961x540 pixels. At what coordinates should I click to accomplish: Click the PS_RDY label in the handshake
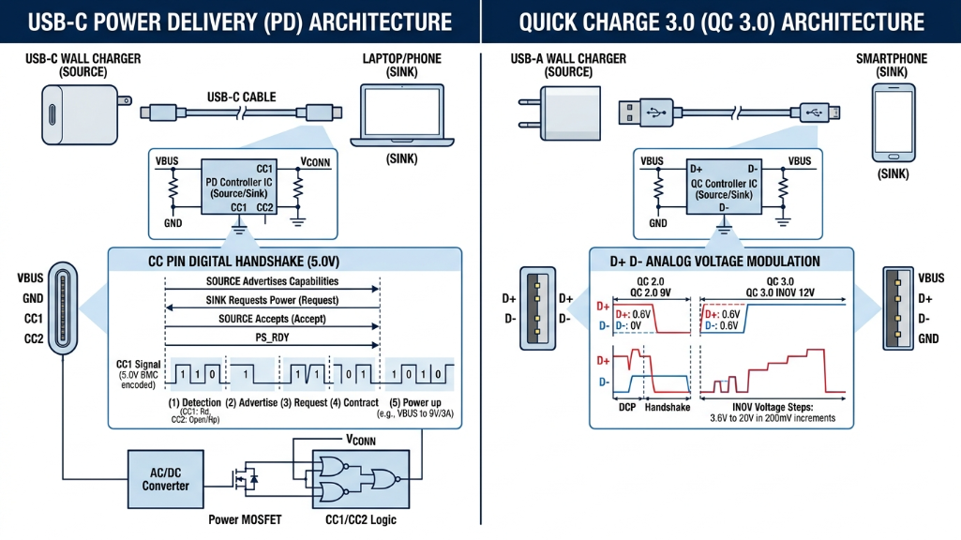point(271,337)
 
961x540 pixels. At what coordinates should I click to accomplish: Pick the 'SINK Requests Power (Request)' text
point(272,300)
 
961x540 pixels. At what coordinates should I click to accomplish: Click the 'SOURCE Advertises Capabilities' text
point(272,281)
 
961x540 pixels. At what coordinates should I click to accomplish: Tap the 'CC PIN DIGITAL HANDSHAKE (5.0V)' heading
point(285,261)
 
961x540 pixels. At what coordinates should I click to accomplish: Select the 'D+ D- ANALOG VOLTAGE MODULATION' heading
point(721,261)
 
